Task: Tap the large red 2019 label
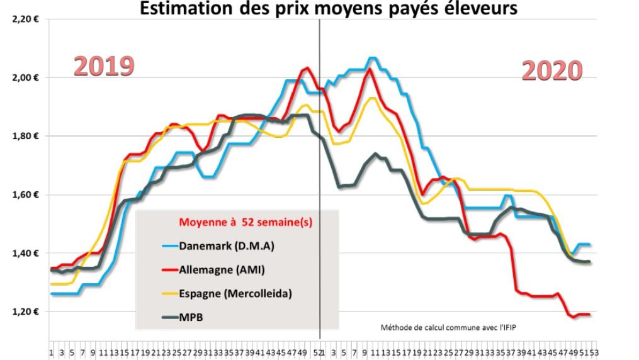tap(104, 66)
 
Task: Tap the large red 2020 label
tap(552, 71)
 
